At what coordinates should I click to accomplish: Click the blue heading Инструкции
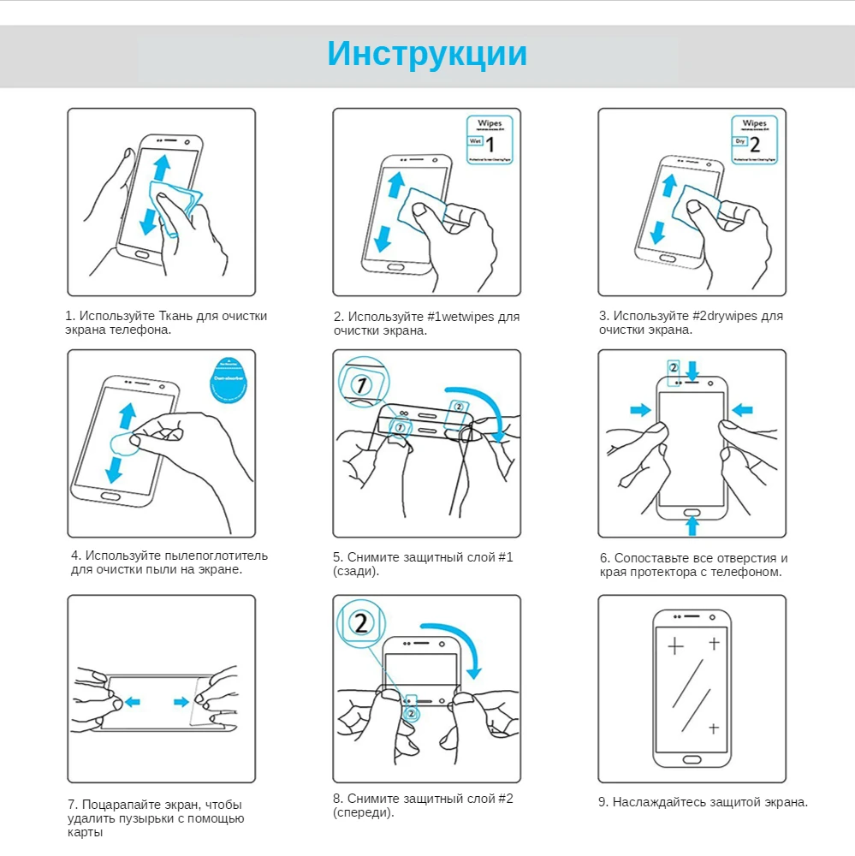pyautogui.click(x=427, y=53)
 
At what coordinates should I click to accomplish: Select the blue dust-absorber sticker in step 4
pyautogui.click(x=230, y=380)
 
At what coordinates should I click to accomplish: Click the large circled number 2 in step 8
pyautogui.click(x=360, y=622)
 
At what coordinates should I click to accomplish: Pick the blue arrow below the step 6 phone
pyautogui.click(x=692, y=524)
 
